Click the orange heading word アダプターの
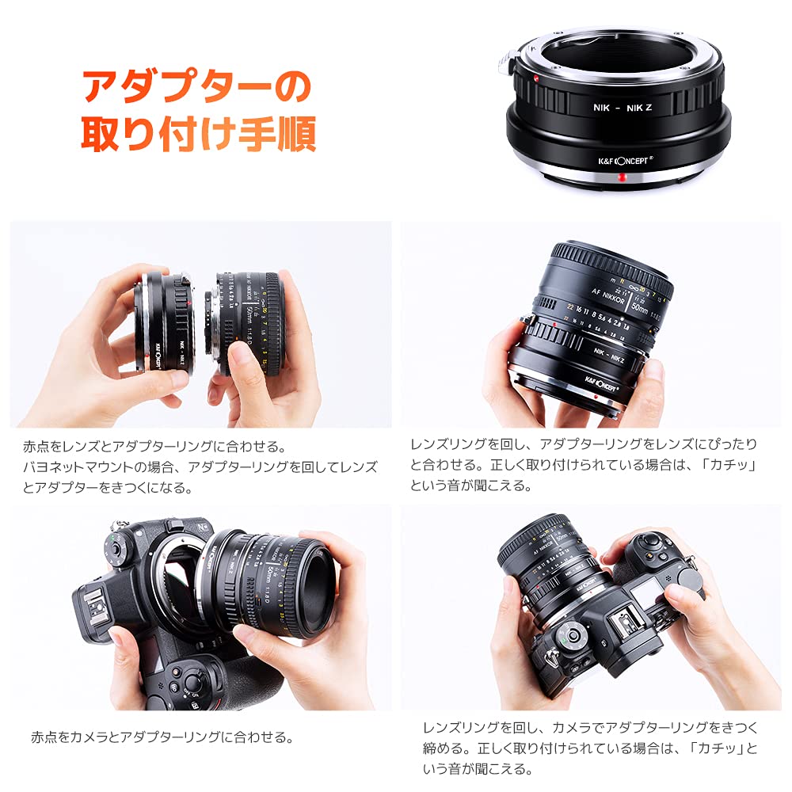pyautogui.click(x=196, y=89)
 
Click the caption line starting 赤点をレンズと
pyautogui.click(x=154, y=447)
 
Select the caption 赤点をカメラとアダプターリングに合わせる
pyautogui.click(x=162, y=737)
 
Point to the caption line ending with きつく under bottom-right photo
pyautogui.click(x=590, y=727)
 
